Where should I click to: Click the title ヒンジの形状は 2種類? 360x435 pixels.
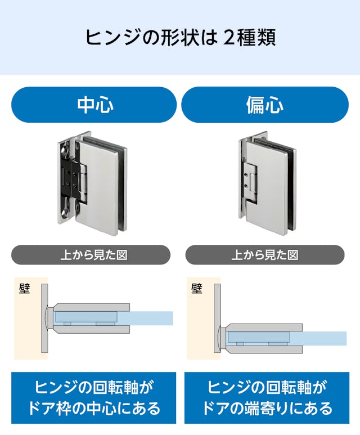(180, 37)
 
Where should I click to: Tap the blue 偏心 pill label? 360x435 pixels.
(264, 105)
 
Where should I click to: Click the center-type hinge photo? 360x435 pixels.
(93, 183)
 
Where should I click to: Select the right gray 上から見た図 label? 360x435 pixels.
(264, 255)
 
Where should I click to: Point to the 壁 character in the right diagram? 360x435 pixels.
(196, 289)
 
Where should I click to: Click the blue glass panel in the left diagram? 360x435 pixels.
(152, 318)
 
